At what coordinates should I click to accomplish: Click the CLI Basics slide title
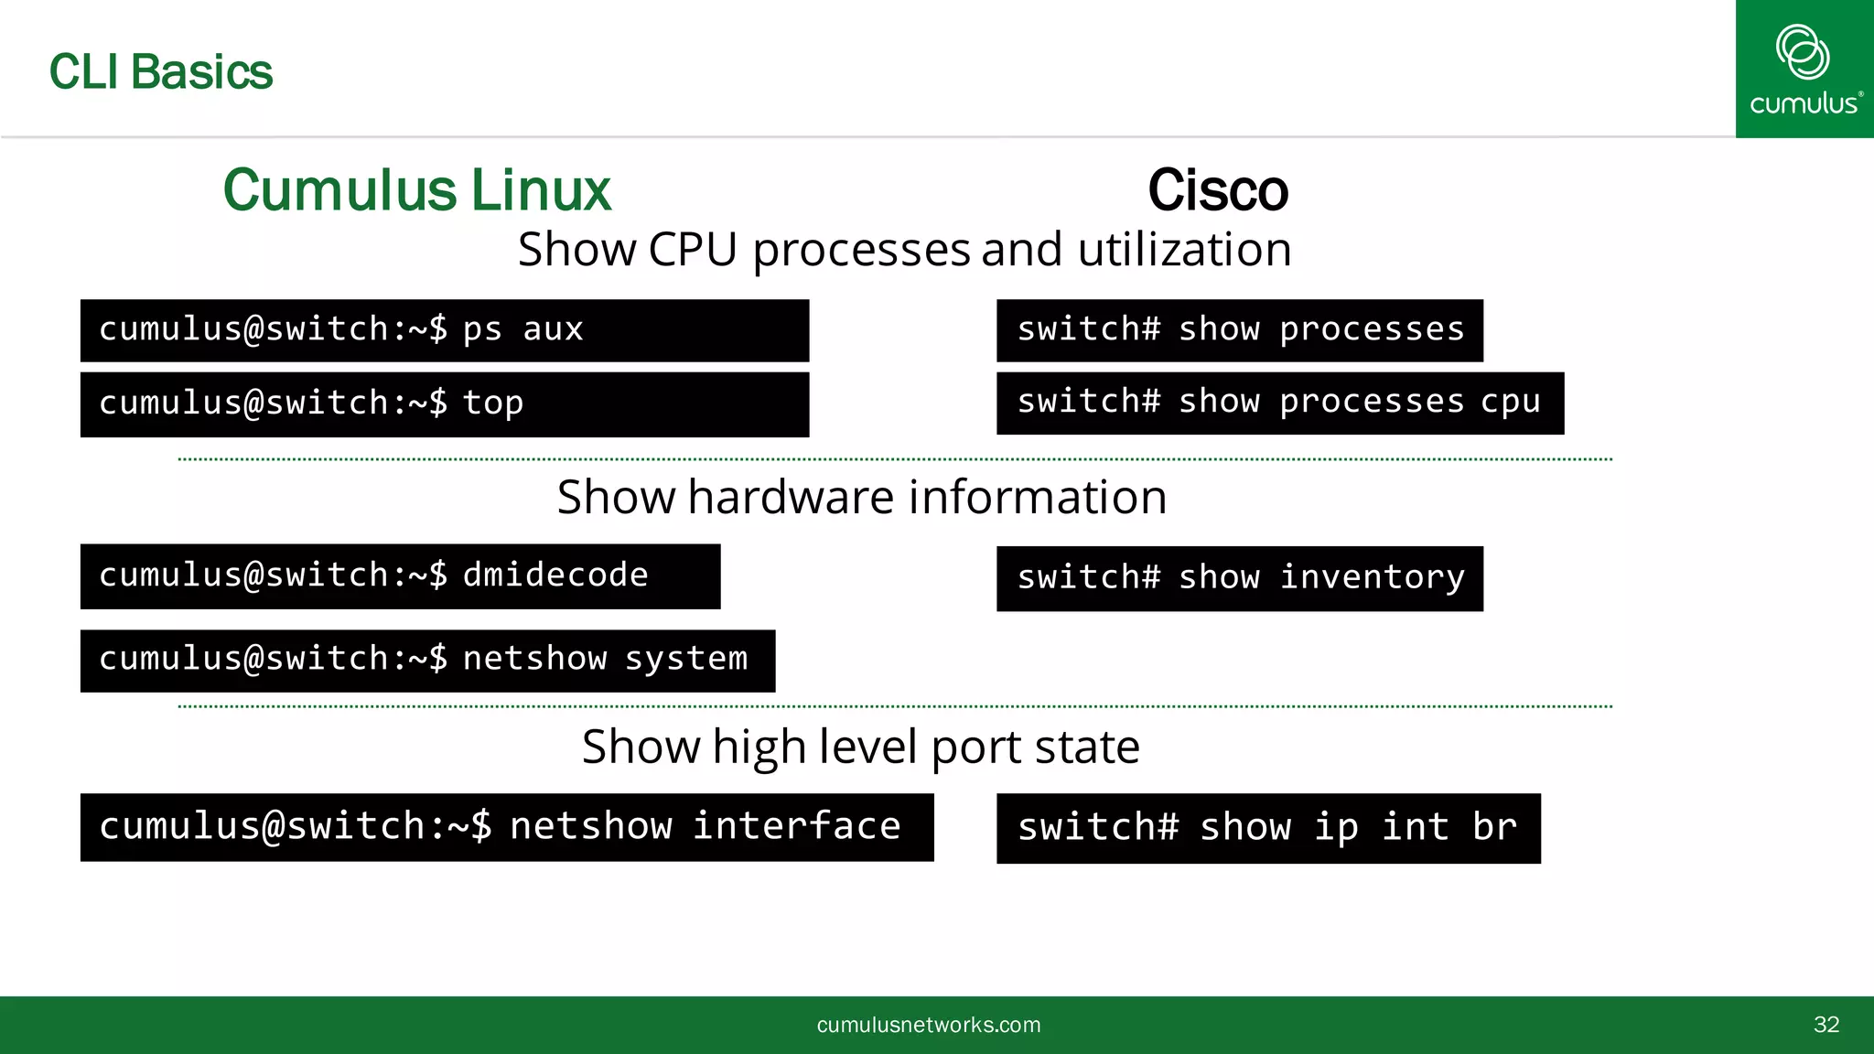point(160,72)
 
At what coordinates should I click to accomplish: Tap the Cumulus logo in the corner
point(1804,70)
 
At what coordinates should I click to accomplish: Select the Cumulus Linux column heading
point(416,190)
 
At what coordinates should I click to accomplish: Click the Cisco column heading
point(1218,190)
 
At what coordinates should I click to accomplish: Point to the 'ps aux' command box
point(445,330)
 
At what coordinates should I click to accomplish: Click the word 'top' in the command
point(492,403)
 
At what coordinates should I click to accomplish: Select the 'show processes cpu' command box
point(1279,403)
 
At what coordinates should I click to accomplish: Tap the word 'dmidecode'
point(555,575)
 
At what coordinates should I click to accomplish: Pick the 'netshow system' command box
point(427,660)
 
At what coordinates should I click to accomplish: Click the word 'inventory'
point(1372,578)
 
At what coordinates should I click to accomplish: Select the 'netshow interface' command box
point(507,827)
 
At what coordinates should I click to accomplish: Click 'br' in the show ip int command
point(1493,828)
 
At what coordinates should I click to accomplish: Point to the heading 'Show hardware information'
point(861,498)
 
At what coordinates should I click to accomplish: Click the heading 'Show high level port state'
point(860,747)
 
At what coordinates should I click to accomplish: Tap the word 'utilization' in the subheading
point(1184,250)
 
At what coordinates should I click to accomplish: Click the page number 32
point(1826,1025)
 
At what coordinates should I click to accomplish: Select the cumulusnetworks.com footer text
point(928,1025)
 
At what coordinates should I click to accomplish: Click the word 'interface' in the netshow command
point(796,826)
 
